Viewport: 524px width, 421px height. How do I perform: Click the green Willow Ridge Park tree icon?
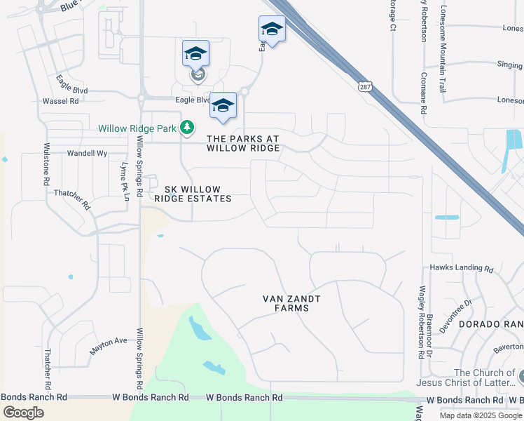click(186, 128)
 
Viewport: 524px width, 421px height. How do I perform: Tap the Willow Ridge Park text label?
click(137, 128)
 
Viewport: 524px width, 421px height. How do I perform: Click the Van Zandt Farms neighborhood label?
click(291, 303)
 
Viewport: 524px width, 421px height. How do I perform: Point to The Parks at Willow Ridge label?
click(243, 143)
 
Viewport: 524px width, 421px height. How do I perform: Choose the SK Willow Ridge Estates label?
click(198, 194)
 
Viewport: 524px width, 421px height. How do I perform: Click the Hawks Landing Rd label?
click(462, 268)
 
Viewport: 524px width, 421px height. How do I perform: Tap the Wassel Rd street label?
click(60, 101)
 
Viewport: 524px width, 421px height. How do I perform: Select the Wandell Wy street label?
click(87, 153)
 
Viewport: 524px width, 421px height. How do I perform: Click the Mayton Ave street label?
click(109, 342)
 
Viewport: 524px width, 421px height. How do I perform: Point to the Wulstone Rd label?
click(47, 164)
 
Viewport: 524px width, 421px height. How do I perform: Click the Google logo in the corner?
click(23, 413)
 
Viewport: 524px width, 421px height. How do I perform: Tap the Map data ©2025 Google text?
click(481, 415)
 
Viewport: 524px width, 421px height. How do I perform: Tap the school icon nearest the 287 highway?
click(272, 29)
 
